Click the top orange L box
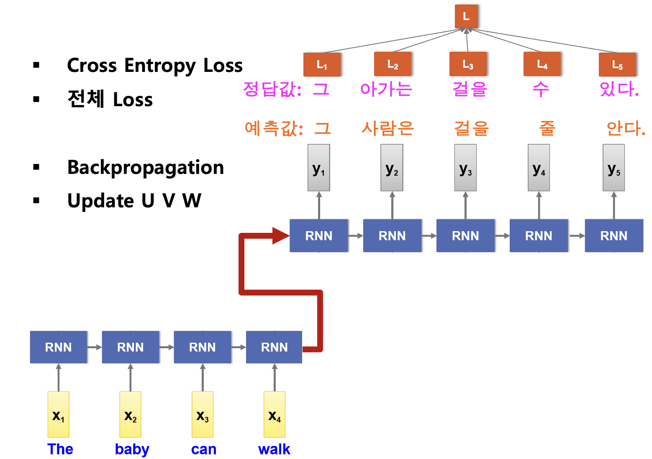pos(466,17)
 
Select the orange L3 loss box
pos(468,64)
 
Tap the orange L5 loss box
pos(617,65)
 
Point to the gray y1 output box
pos(319,168)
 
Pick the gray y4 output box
pos(539,168)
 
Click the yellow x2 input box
pos(131,414)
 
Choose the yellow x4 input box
pos(275,414)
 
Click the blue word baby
pos(132,449)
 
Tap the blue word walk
pos(274,449)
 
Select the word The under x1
pos(60,449)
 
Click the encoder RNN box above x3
pos(203,347)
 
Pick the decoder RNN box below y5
pos(614,236)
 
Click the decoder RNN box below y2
pos(392,236)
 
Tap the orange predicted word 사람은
pos(388,128)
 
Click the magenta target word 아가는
pos(386,89)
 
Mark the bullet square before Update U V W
pos(36,201)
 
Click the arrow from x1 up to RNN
pos(59,377)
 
